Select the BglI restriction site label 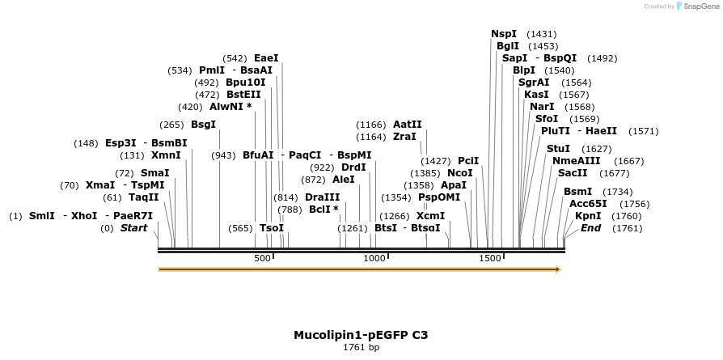coord(508,46)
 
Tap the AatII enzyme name coord(407,125)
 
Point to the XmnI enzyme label coord(166,155)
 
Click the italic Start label coord(133,228)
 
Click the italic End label coord(590,228)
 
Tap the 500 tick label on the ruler coord(263,259)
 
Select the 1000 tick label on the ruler coord(375,259)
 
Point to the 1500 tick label coord(490,259)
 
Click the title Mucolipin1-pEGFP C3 coord(361,335)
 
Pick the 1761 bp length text coord(361,348)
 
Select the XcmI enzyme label coord(430,216)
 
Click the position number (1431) coord(541,34)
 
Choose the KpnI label coord(588,216)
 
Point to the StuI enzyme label coord(558,149)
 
